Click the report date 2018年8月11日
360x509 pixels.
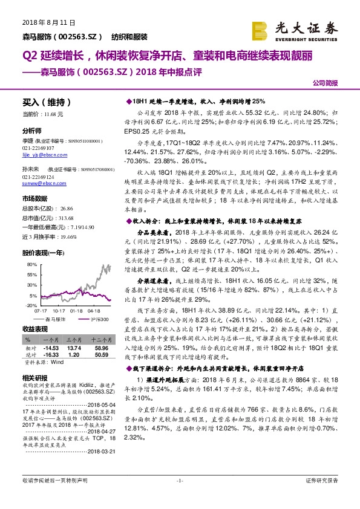[x=43, y=22]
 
